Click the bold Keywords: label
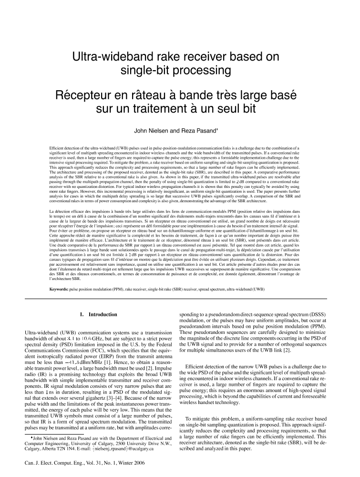(x=62, y=276)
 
